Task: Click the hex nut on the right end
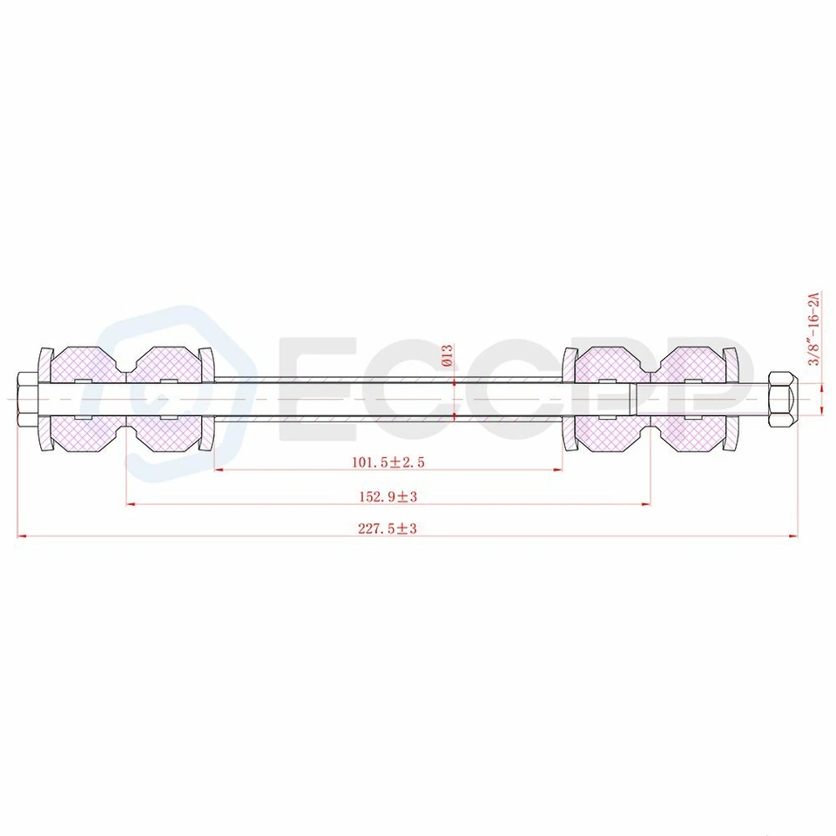[x=782, y=399]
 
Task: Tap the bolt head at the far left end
[x=27, y=399]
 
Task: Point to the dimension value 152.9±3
[x=390, y=496]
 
